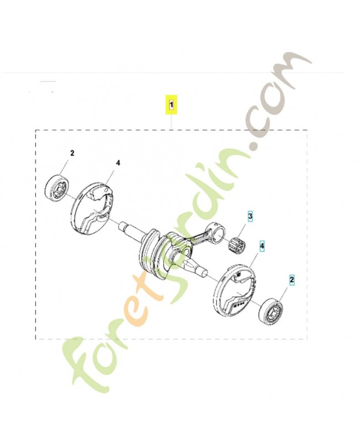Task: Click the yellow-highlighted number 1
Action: tap(172, 103)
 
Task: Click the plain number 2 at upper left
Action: tap(71, 152)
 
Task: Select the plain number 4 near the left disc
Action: tap(118, 163)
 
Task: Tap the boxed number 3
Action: tap(250, 217)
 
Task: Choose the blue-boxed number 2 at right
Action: tap(292, 280)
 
